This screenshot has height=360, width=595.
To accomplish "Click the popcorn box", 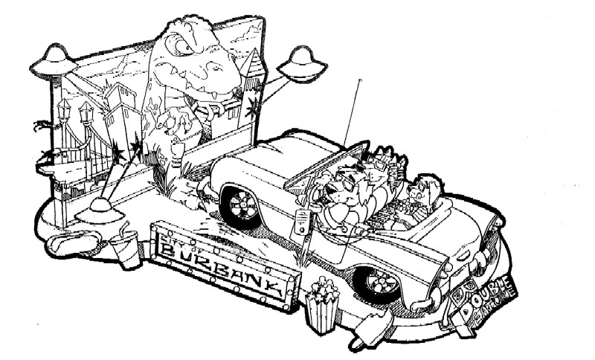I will click(x=321, y=305).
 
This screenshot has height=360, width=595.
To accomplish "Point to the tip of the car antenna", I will click(x=360, y=79).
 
